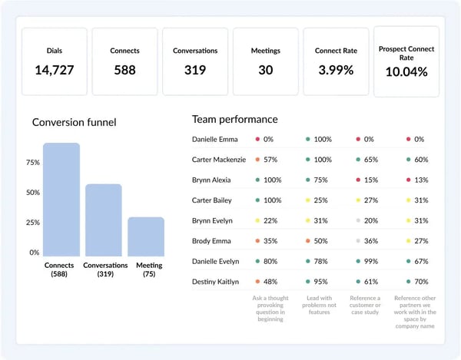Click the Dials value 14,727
pyautogui.click(x=55, y=70)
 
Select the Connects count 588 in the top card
pyautogui.click(x=125, y=70)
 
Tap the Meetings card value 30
pyautogui.click(x=266, y=70)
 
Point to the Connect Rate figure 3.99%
pyautogui.click(x=336, y=70)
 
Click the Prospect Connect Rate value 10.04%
pyautogui.click(x=406, y=72)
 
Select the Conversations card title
pyautogui.click(x=195, y=51)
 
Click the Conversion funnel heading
pyautogui.click(x=74, y=122)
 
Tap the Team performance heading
pyautogui.click(x=235, y=119)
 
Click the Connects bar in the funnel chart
pyautogui.click(x=61, y=200)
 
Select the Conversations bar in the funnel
pyautogui.click(x=104, y=220)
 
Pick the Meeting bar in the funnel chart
pyautogui.click(x=146, y=236)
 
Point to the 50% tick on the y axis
pyautogui.click(x=33, y=193)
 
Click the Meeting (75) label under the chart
pyautogui.click(x=149, y=269)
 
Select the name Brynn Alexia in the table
pyautogui.click(x=211, y=180)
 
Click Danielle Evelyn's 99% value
pyautogui.click(x=371, y=261)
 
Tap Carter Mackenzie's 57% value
pyautogui.click(x=270, y=160)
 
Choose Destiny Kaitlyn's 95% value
pyautogui.click(x=320, y=282)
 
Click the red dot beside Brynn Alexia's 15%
pyautogui.click(x=358, y=180)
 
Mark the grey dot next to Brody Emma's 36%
pyautogui.click(x=358, y=241)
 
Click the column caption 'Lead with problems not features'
pyautogui.click(x=320, y=305)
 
